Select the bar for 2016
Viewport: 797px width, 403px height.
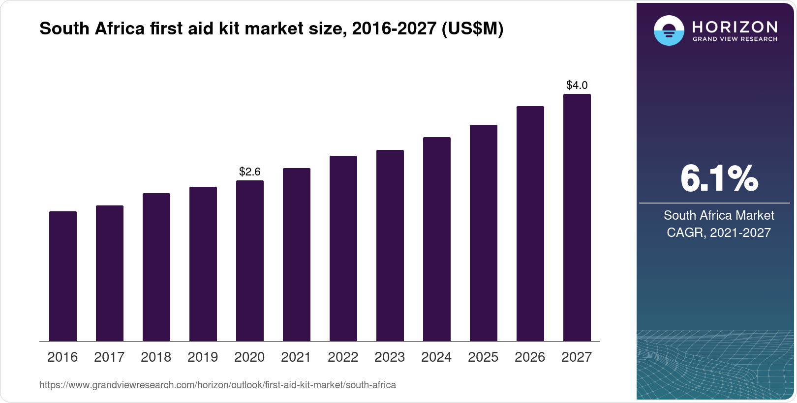coord(63,276)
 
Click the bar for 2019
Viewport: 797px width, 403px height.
coord(203,264)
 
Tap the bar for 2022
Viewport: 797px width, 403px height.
coord(343,248)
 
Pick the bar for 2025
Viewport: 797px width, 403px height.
coord(484,233)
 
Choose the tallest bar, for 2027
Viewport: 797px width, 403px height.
coord(577,217)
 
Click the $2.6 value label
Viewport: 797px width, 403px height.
coord(250,172)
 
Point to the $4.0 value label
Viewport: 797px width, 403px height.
coord(577,86)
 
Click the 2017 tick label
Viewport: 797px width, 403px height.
coord(109,357)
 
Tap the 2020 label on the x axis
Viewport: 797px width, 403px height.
coord(249,357)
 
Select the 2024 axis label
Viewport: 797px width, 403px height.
coord(436,357)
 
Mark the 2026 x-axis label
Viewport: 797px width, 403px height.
coord(530,357)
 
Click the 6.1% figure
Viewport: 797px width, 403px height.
coord(719,179)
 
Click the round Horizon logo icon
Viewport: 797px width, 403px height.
coord(669,30)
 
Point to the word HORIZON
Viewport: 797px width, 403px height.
coord(735,27)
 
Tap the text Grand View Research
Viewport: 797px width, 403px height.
coord(735,39)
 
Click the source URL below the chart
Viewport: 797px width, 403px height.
coord(217,385)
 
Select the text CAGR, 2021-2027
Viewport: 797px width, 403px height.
coord(719,232)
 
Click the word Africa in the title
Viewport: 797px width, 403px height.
coord(118,29)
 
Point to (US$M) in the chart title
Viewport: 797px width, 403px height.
coord(472,29)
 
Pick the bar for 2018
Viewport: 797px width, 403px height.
coord(156,267)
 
